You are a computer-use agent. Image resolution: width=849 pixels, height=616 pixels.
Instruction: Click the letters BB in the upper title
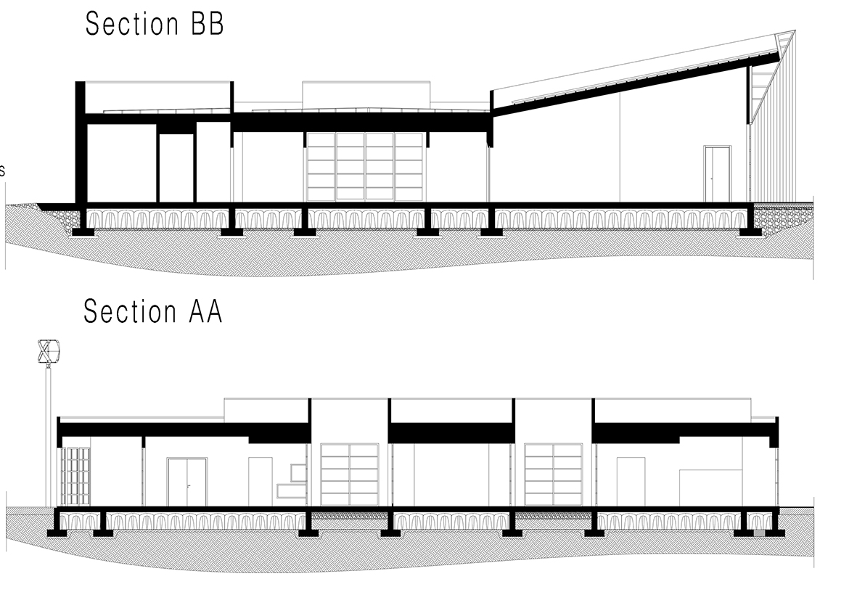click(x=207, y=25)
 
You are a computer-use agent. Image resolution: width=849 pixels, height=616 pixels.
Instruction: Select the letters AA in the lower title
click(x=206, y=312)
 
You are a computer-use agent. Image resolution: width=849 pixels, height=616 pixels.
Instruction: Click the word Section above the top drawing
click(x=132, y=25)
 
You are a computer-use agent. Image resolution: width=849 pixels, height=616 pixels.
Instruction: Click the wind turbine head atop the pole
click(x=49, y=351)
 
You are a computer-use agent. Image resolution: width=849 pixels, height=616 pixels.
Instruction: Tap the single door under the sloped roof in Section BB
click(x=718, y=173)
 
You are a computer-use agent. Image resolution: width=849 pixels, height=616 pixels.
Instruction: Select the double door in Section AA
click(x=186, y=482)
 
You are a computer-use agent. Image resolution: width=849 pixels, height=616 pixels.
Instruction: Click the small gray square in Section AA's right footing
click(x=760, y=533)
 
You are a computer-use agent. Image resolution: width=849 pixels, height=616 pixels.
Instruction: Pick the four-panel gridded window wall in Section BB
click(x=365, y=167)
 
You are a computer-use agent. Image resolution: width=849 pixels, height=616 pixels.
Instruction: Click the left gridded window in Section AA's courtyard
click(x=350, y=475)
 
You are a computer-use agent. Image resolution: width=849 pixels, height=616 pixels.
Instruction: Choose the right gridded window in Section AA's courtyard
click(x=554, y=475)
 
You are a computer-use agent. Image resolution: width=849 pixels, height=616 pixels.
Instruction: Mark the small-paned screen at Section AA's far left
click(x=75, y=477)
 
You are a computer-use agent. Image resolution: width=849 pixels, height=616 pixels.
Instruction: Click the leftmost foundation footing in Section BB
click(x=84, y=232)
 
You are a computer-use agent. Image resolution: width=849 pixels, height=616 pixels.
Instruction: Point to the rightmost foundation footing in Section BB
click(x=751, y=232)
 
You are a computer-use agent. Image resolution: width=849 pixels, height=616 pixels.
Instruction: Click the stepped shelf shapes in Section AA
click(x=292, y=480)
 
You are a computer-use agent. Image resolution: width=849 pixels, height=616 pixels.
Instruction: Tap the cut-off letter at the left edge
click(x=2, y=171)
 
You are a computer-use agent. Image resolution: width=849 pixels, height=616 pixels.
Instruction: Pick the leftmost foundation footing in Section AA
click(x=57, y=533)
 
